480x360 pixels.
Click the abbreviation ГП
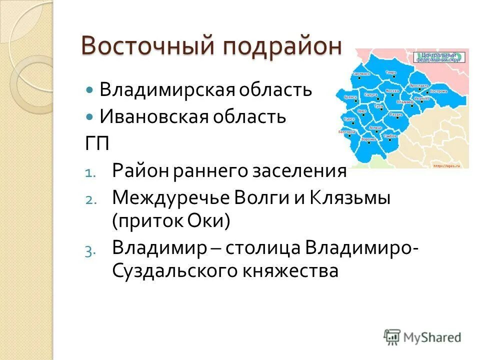pos(96,144)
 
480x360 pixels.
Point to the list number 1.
pos(88,172)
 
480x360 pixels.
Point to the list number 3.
pos(88,251)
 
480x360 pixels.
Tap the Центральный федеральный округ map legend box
pos(439,56)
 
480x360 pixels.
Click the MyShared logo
pos(422,337)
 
